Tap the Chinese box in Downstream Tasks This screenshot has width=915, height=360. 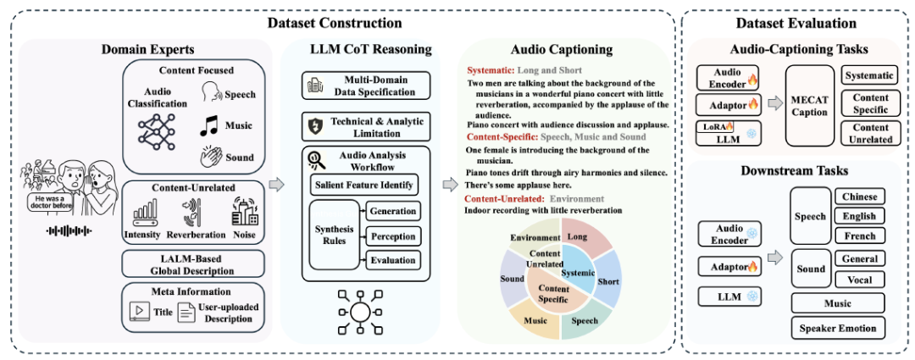[858, 197]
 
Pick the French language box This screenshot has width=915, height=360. [858, 235]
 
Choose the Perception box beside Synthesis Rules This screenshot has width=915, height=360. [394, 236]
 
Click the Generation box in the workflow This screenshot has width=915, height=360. [394, 212]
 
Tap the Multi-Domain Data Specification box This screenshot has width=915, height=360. [366, 86]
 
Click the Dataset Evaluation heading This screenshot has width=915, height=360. [797, 24]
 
